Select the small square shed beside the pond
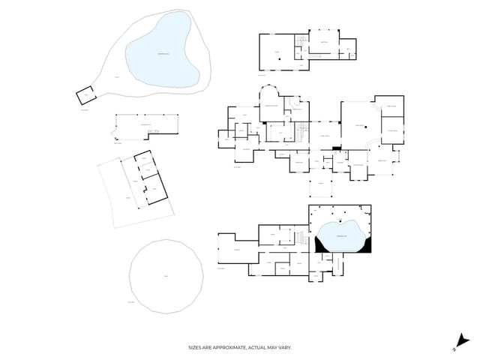tap(87, 95)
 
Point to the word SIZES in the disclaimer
tap(196, 347)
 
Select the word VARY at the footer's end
tap(285, 347)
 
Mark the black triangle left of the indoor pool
tap(321, 244)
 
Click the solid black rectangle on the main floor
tap(337, 148)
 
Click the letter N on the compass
tap(454, 349)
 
